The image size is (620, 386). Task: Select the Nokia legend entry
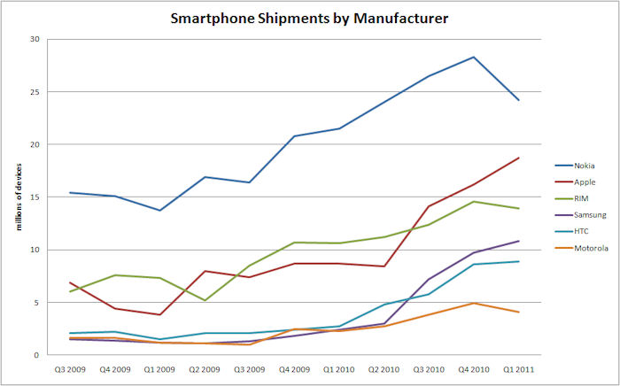coord(585,166)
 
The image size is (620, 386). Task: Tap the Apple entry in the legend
coord(585,181)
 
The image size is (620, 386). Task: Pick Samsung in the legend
coord(590,215)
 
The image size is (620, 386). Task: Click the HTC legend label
coord(582,232)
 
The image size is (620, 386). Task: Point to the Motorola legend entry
coord(591,249)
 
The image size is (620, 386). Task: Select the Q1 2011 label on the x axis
coord(518,369)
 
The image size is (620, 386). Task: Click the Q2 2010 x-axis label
coord(383,369)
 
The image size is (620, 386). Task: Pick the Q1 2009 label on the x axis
coord(159,369)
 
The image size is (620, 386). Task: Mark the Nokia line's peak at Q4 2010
coord(474,57)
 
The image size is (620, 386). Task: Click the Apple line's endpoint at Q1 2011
coord(518,158)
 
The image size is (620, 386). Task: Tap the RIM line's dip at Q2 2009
coord(205,300)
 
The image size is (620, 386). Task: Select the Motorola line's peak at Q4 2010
coord(474,303)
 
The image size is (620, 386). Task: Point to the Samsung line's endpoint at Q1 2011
coord(518,241)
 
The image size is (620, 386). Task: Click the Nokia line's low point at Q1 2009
coord(159,210)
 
